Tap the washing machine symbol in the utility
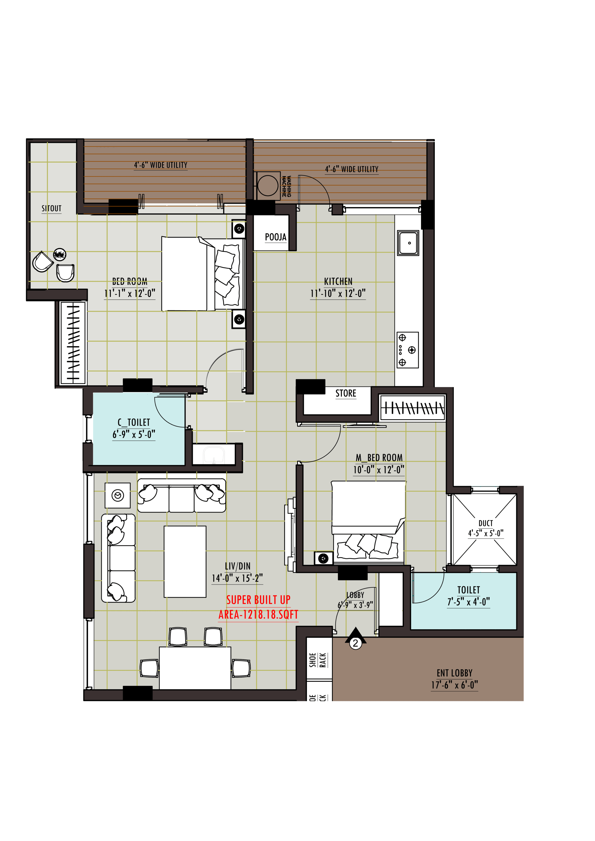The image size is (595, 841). [268, 186]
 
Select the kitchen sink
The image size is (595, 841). [408, 242]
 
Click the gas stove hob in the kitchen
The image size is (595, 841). [407, 350]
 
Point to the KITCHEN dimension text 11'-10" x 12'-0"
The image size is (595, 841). [338, 293]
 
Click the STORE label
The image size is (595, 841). [346, 393]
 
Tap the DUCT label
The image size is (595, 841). [486, 523]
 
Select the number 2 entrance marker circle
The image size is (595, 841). [355, 643]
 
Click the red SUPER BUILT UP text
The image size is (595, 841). [258, 600]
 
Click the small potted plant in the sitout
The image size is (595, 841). [60, 254]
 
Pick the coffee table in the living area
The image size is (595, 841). [185, 562]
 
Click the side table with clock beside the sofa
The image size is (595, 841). [118, 495]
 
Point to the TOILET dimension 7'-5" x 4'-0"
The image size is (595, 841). [468, 602]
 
